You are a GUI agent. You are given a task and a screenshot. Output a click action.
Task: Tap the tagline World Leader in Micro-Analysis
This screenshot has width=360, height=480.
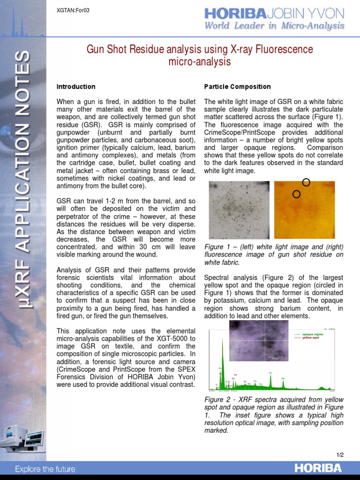point(274,26)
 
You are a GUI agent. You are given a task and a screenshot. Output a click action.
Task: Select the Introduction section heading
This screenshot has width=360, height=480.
point(75,87)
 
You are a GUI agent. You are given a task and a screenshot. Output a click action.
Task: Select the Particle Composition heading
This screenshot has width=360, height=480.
point(237,87)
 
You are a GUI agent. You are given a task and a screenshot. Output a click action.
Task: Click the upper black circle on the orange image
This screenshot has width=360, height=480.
point(306,182)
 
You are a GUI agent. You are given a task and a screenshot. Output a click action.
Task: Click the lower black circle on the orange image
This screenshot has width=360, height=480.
point(296,194)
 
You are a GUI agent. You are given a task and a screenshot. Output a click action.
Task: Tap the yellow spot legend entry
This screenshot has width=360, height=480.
point(310,337)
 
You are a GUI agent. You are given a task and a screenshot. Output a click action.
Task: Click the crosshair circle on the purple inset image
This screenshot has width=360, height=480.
point(266,340)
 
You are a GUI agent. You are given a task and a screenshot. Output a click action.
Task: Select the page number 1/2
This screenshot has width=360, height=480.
point(340,455)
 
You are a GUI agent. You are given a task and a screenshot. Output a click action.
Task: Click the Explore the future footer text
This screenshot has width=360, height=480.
point(45,469)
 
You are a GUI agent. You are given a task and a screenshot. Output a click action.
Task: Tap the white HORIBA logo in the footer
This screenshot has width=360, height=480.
point(318,468)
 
